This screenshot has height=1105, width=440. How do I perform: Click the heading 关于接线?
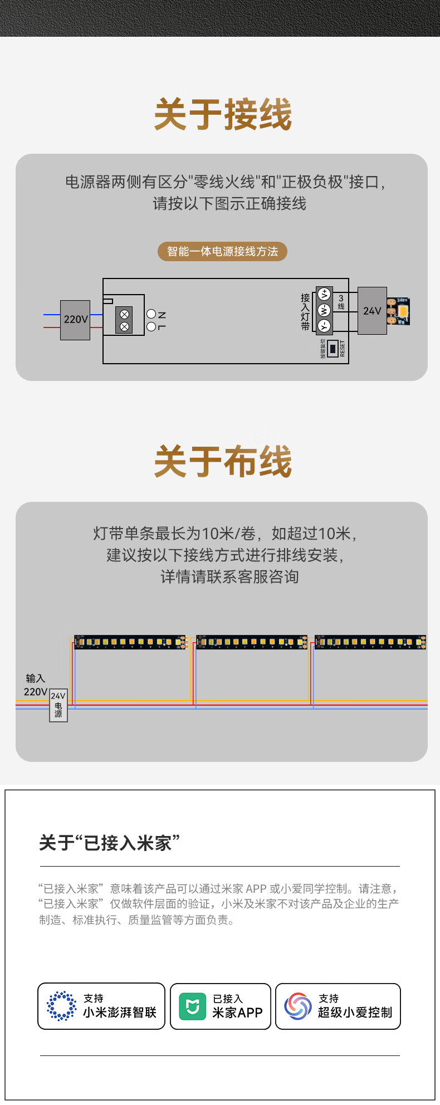click(x=223, y=115)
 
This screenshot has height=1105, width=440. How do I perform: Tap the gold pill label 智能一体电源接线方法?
click(x=222, y=251)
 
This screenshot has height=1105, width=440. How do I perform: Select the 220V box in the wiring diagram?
click(x=75, y=320)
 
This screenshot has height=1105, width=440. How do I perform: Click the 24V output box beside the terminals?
click(x=372, y=311)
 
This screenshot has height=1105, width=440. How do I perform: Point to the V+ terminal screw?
click(x=324, y=294)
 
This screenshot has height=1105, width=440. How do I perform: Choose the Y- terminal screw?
click(x=324, y=326)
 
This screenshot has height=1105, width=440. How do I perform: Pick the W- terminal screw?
click(x=324, y=310)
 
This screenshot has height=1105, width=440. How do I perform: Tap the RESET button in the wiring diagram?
click(x=333, y=349)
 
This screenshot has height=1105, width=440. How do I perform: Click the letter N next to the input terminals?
click(x=162, y=315)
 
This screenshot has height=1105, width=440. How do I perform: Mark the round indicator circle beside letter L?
click(x=151, y=327)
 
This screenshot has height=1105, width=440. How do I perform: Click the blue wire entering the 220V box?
click(x=51, y=315)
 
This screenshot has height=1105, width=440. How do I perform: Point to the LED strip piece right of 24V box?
click(x=399, y=311)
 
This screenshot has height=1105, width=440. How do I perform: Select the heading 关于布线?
click(x=223, y=462)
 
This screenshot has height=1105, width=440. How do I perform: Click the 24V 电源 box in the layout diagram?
click(x=58, y=705)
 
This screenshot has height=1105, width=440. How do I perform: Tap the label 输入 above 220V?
click(x=35, y=678)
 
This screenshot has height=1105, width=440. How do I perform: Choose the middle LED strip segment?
click(x=252, y=642)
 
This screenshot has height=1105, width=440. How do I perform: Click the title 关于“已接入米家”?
click(x=110, y=843)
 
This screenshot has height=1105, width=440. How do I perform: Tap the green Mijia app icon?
click(x=192, y=1006)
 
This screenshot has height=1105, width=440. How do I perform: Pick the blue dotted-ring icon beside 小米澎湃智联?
click(x=62, y=1006)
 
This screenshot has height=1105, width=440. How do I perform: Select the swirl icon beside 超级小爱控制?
click(x=298, y=1006)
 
